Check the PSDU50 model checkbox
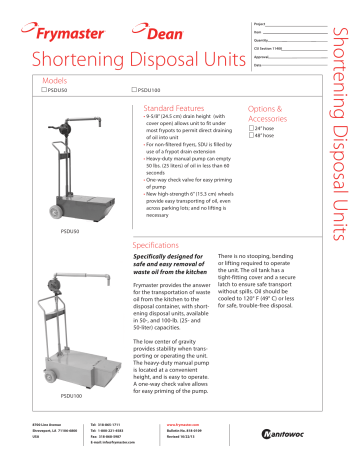[x=43, y=91]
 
